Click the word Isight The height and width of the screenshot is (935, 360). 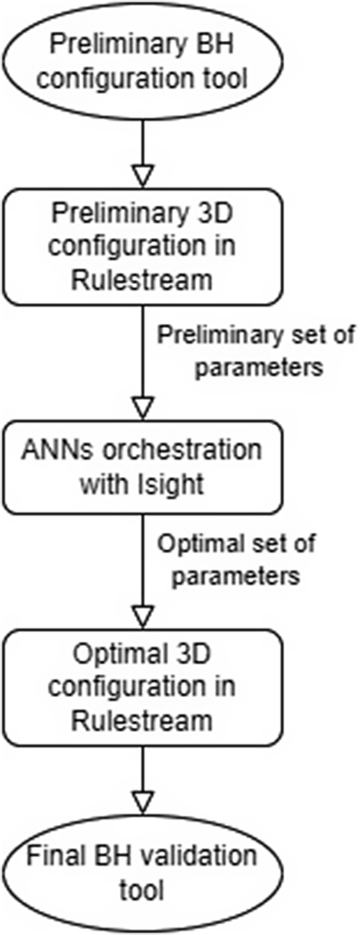[175, 484]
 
